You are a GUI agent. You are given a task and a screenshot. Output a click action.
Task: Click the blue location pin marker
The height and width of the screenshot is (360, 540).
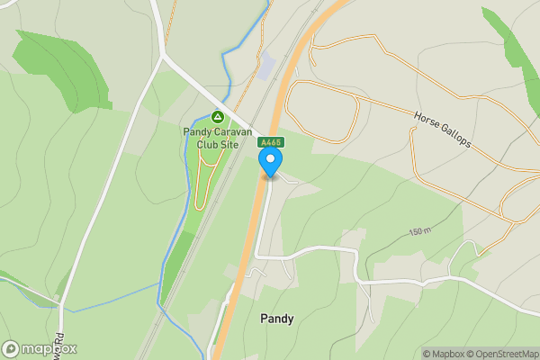pos(271,162)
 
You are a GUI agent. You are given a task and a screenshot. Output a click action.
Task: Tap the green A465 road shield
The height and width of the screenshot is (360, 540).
pos(271,142)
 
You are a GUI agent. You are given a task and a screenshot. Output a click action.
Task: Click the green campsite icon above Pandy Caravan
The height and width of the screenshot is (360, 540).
pos(217,117)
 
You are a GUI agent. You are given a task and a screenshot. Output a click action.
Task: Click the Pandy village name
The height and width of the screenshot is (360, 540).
pos(276,319)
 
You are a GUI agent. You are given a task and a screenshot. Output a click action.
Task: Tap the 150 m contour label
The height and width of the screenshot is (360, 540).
pos(420,232)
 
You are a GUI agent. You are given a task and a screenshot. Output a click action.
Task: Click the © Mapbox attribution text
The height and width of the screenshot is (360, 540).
pos(445,354)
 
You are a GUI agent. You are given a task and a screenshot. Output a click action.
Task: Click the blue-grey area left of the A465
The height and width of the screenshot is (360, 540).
pos(267,66)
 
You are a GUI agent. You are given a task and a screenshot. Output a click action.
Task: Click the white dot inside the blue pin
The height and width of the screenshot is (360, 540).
pos(271,159)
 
